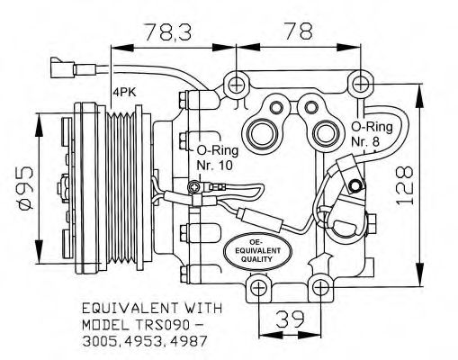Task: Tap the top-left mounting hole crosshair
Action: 237,85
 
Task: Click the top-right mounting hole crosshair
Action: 361,85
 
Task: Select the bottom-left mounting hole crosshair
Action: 257,288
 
